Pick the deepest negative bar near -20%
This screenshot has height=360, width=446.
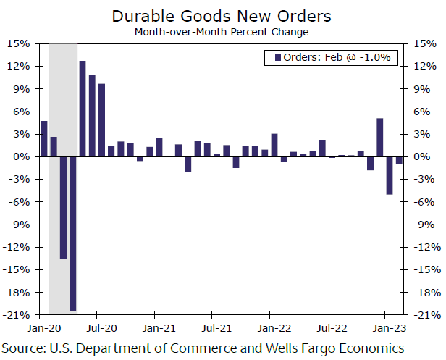tap(73, 233)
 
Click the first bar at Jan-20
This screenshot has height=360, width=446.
tap(44, 138)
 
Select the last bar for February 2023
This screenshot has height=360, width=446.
tap(399, 160)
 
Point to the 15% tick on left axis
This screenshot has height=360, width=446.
tap(20, 43)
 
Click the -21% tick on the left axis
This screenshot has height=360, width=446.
tap(17, 315)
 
